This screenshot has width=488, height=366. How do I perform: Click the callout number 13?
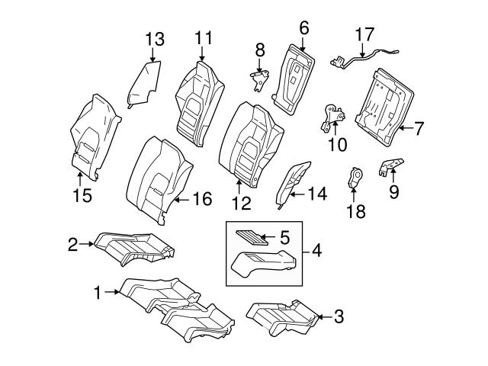tap(154, 37)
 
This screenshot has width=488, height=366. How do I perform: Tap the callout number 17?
tap(365, 34)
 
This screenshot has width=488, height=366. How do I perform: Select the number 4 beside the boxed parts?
tap(317, 249)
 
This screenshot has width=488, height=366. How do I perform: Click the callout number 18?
tap(355, 210)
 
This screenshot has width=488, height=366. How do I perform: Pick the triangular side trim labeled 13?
tap(145, 84)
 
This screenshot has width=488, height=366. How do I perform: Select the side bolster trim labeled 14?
tap(292, 183)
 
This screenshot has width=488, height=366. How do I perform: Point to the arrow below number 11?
tap(202, 54)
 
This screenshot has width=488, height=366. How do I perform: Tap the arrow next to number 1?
tap(113, 291)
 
